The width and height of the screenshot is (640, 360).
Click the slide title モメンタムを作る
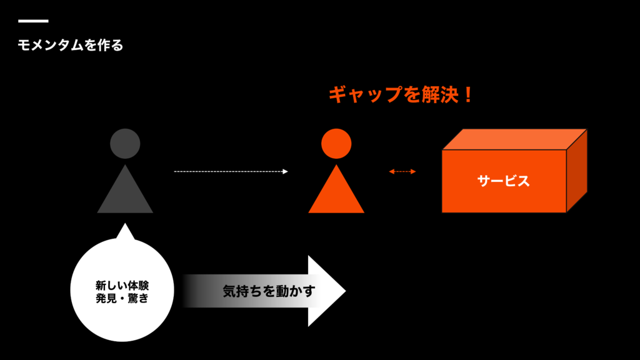tap(71, 45)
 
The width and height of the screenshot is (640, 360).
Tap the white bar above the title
tap(33, 21)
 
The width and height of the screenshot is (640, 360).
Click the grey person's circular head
tap(125, 143)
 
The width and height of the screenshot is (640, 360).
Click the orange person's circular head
tap(336, 143)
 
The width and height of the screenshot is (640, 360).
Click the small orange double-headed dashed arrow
tap(402, 171)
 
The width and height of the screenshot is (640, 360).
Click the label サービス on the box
tap(504, 181)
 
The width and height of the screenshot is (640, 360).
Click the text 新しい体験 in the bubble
tap(122, 286)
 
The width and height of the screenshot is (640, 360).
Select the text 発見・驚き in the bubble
tap(122, 299)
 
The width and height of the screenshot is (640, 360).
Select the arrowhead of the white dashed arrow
tap(285, 171)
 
